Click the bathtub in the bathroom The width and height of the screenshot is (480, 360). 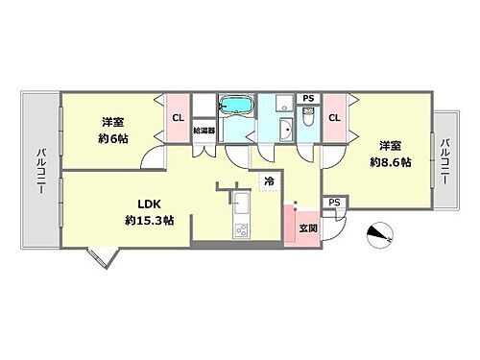[x=234, y=106]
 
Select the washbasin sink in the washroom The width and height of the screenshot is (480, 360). [x=286, y=130]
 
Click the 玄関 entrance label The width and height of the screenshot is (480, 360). [x=307, y=228]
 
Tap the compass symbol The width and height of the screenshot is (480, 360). [x=379, y=235]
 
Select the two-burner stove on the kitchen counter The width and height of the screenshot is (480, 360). [x=242, y=229]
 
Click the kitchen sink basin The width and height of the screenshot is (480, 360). [x=241, y=203]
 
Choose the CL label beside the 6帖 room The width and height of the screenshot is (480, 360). [x=179, y=117]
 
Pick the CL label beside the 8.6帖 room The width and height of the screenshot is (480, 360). [x=334, y=117]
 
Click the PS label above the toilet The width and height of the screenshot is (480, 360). [x=307, y=98]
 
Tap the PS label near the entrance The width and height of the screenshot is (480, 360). [x=333, y=203]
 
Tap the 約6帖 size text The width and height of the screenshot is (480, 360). [x=113, y=139]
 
